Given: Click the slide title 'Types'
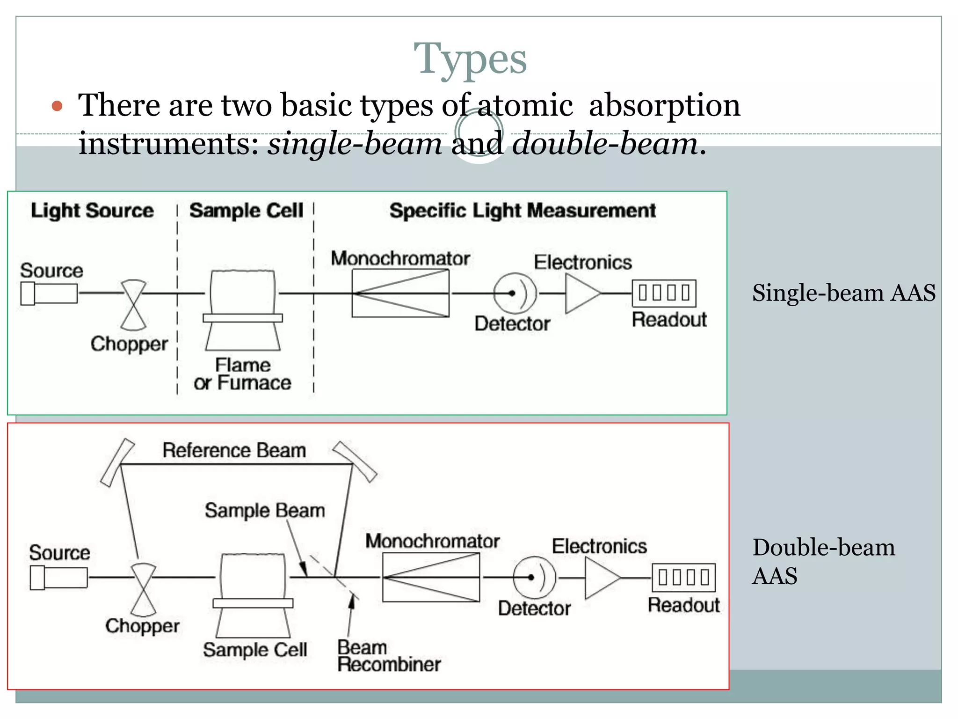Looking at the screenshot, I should coord(470,59).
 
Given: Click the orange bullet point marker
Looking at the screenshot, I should coord(57,106).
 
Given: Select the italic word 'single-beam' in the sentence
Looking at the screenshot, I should coord(355,144).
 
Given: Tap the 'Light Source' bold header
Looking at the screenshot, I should coord(92,211).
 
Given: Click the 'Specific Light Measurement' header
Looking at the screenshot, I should coord(523,211).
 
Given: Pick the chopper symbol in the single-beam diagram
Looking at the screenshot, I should coord(134,305).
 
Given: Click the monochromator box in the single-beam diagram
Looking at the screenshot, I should coord(400,293).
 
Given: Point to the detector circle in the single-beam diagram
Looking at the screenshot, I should coord(515,293).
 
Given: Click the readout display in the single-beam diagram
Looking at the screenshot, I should coord(664,293).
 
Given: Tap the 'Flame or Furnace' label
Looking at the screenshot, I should coord(242,374).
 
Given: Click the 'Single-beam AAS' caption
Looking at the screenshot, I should coord(843,293).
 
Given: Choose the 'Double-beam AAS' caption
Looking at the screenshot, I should coord(823,561).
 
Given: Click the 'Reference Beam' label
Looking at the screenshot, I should coord(234,450).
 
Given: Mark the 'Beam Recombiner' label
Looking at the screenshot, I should coord(388,656).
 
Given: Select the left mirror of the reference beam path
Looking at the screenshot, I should coord(117,462).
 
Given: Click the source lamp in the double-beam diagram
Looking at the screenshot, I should coord(58,578).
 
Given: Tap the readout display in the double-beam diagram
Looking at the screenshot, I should coord(683,578).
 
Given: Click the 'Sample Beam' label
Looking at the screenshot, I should coord(265,510).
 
